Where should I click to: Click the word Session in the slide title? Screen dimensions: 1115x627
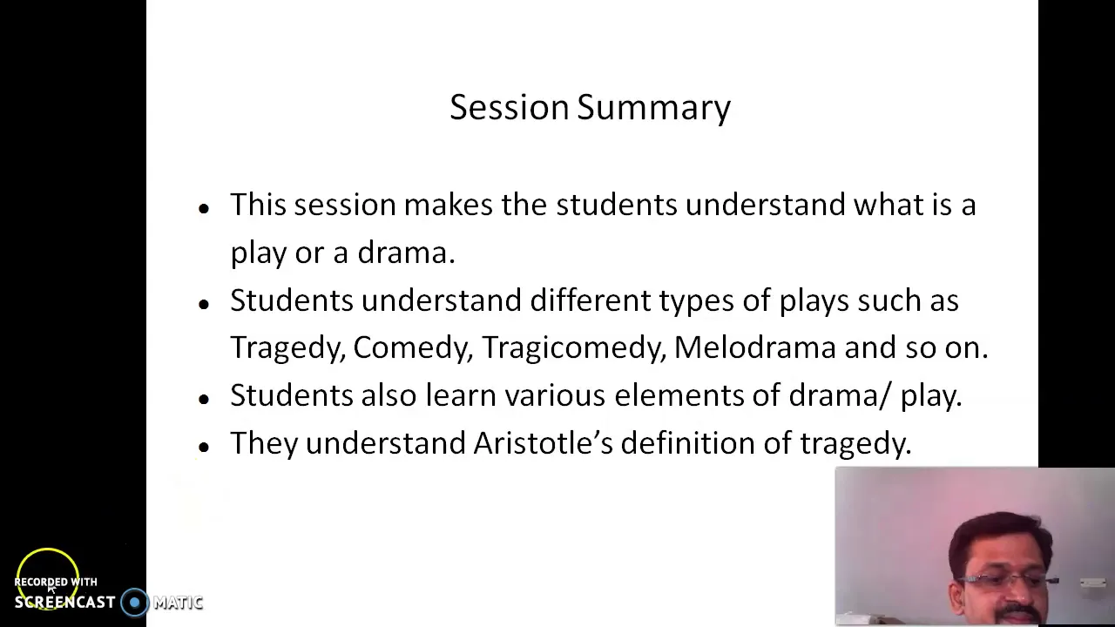coord(510,107)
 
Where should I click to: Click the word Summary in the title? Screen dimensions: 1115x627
coord(653,110)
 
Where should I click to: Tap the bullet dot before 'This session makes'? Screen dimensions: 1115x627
coord(204,208)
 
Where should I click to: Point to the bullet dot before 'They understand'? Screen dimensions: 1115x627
coord(204,447)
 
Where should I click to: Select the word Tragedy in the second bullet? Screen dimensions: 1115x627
coord(287,348)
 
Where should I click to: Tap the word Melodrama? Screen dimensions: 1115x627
coord(754,347)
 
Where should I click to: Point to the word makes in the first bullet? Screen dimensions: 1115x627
coord(448,205)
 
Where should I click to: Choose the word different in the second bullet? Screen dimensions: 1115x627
coord(591,300)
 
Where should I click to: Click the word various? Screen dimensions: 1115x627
coord(555,395)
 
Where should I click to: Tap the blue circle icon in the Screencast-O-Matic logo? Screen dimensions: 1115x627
coord(134,603)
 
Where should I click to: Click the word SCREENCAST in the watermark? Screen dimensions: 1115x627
coord(64,603)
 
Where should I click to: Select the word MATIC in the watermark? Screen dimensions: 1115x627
coord(178,603)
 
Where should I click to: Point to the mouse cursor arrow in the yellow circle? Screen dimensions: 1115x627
coord(51,589)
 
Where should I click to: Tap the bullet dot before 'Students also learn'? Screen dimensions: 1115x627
coord(204,399)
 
